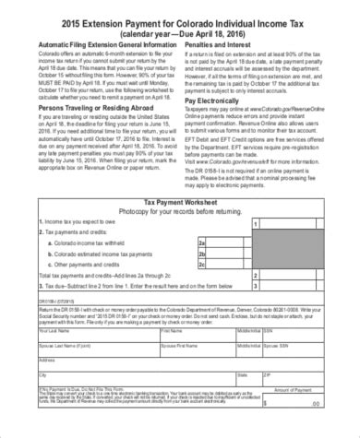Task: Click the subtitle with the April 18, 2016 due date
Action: click(180, 29)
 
